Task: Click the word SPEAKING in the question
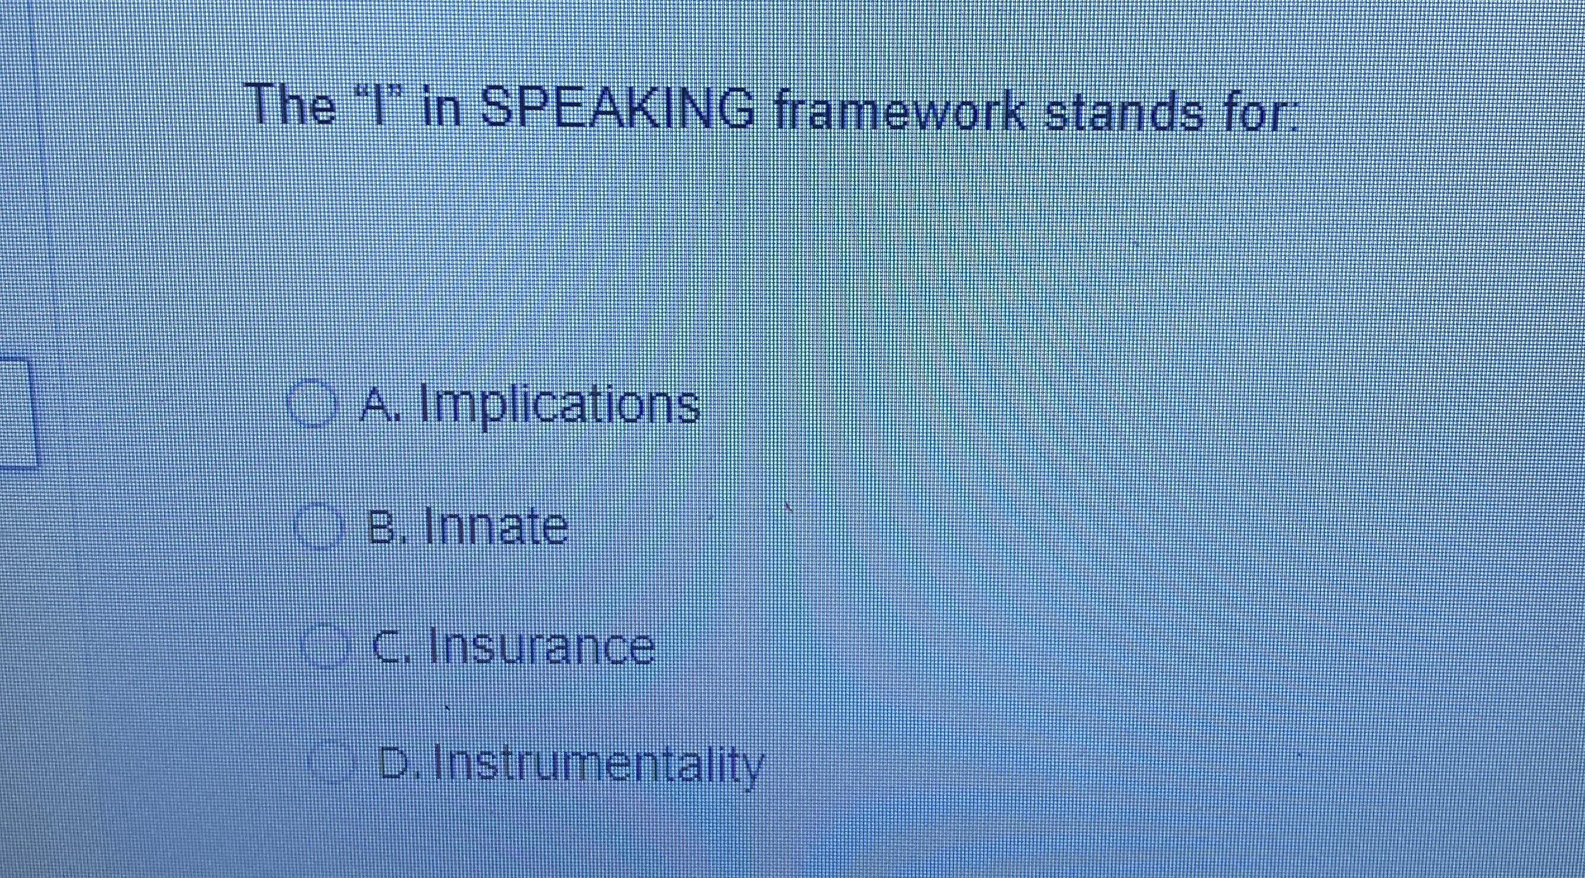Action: [617, 109]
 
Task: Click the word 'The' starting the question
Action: [292, 105]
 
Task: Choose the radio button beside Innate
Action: [318, 526]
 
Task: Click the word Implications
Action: [560, 405]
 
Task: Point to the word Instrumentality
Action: [598, 765]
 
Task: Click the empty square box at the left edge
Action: [16, 413]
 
